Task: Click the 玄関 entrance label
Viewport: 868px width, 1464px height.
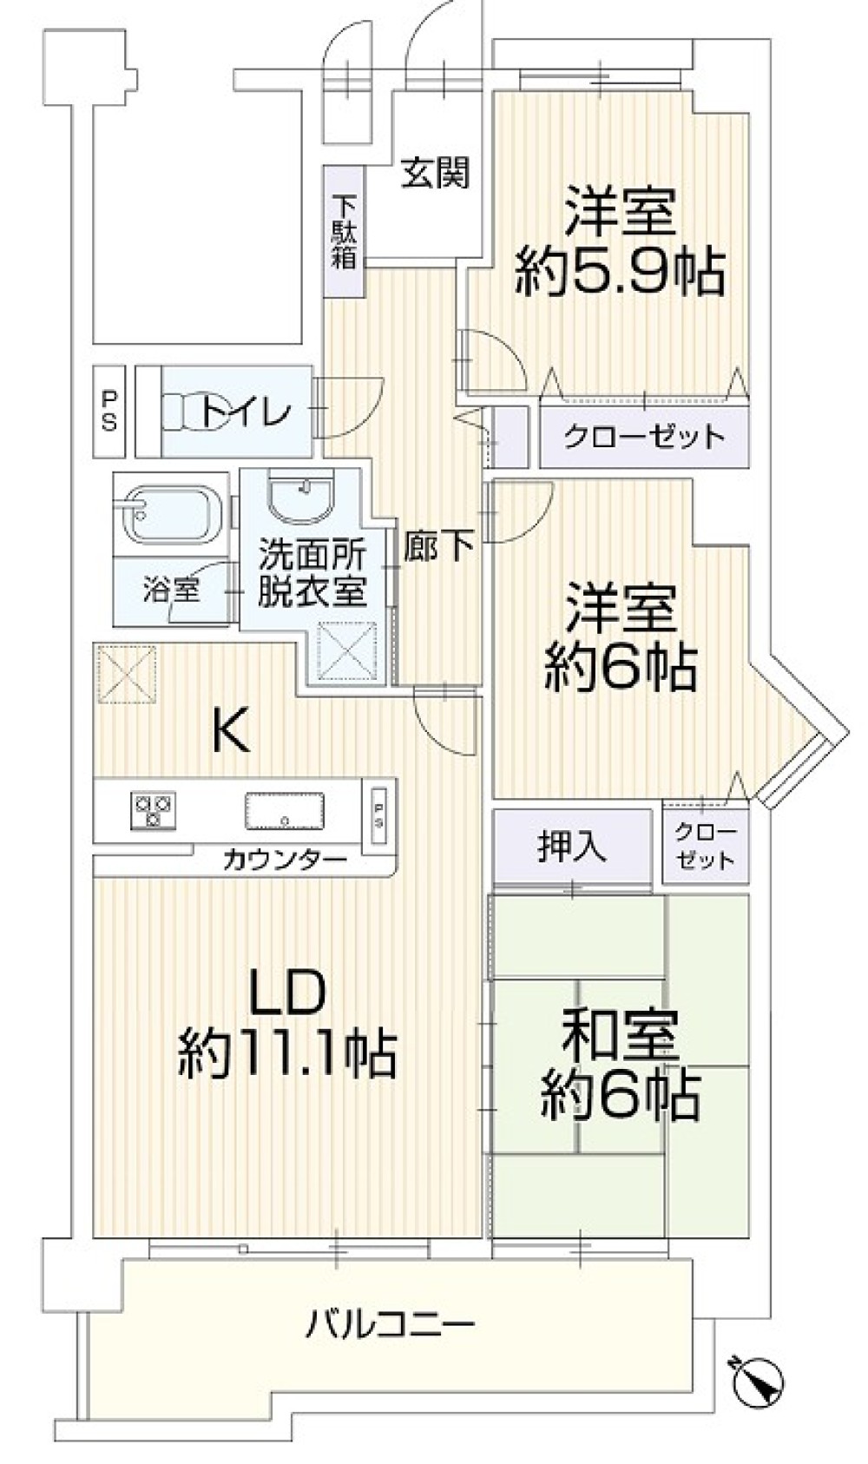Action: click(x=434, y=174)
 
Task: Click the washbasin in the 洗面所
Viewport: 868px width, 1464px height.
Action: click(x=300, y=498)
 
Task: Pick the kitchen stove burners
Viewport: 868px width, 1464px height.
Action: click(x=153, y=809)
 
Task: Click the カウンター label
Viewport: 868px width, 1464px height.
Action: click(x=285, y=861)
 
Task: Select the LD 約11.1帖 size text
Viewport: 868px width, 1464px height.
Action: click(x=287, y=1052)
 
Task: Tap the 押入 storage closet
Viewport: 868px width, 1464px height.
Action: click(x=571, y=847)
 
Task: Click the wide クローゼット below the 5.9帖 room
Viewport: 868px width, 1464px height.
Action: click(x=643, y=436)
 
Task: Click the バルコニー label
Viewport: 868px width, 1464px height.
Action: click(x=390, y=1326)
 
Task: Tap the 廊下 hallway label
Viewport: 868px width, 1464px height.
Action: click(x=439, y=544)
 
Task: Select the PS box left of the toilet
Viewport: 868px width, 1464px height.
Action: click(x=110, y=411)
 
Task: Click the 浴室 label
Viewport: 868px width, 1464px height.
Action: click(x=171, y=590)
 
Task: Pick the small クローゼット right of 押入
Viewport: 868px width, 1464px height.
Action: click(x=704, y=846)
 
